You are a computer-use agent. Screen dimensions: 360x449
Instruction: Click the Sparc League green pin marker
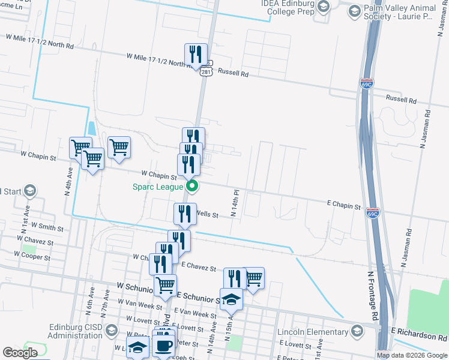coord(192,186)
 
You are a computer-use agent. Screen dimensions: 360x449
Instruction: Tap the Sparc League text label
coord(158,187)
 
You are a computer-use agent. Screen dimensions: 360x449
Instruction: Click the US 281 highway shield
coord(206,72)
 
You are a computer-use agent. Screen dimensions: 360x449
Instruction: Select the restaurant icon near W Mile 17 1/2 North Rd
coord(196,55)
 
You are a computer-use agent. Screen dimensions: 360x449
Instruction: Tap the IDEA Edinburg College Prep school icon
coord(324,7)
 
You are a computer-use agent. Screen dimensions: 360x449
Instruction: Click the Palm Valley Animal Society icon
coord(354,11)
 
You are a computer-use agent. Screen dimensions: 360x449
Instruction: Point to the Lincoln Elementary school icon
coord(357,332)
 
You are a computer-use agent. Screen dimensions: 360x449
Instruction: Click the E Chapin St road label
coord(343,205)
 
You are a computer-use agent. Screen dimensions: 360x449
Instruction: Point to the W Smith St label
coord(47,227)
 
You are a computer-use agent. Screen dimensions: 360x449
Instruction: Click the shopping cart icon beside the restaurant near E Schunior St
coord(253,278)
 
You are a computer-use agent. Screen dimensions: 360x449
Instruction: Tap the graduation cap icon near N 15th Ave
coord(231,298)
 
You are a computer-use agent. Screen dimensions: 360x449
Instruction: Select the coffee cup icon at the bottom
coord(164,346)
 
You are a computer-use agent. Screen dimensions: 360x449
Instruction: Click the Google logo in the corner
coord(20,353)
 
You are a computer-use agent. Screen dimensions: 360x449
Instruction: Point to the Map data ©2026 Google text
coord(411,355)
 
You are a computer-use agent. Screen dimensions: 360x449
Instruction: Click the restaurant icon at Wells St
coord(185,214)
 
